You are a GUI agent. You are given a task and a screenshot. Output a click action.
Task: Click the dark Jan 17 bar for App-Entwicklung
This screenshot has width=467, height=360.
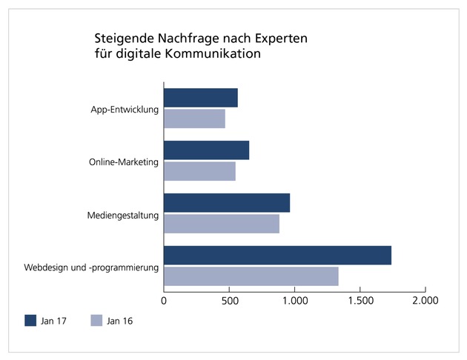(x=201, y=98)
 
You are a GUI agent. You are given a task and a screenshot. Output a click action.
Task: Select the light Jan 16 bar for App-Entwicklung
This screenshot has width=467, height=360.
(x=194, y=119)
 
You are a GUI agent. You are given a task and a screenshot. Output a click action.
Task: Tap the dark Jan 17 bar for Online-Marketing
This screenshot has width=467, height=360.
(x=206, y=150)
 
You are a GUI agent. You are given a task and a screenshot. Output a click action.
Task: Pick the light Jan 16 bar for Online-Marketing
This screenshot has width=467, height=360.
(x=199, y=170)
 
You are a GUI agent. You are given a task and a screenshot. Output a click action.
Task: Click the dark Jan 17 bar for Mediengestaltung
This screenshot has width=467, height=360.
(x=227, y=203)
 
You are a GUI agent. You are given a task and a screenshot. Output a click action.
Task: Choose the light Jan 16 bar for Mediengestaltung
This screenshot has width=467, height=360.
(x=222, y=223)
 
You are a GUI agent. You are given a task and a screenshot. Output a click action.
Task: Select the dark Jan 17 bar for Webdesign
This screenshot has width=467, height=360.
(x=277, y=255)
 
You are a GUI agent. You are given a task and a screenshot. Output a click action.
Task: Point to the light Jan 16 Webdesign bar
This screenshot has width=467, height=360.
(x=251, y=276)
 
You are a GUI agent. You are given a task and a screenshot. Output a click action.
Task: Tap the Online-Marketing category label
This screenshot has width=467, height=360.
(x=124, y=162)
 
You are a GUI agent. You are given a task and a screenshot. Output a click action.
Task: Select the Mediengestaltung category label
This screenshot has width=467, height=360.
(x=123, y=215)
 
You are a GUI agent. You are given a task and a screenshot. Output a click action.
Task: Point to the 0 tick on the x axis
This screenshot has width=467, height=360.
(x=164, y=301)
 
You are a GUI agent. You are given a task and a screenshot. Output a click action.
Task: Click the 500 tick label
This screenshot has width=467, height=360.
(x=229, y=301)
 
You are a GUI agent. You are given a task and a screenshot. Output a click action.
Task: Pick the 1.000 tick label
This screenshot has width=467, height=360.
(x=294, y=301)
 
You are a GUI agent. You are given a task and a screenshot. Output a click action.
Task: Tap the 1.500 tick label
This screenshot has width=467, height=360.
(x=360, y=301)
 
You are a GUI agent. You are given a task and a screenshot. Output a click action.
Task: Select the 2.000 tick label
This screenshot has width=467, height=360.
(x=425, y=301)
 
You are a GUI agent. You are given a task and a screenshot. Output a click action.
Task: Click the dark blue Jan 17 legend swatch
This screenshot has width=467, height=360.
(x=30, y=321)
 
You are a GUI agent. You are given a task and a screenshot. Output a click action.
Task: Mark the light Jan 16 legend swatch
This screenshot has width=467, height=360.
(x=96, y=321)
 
